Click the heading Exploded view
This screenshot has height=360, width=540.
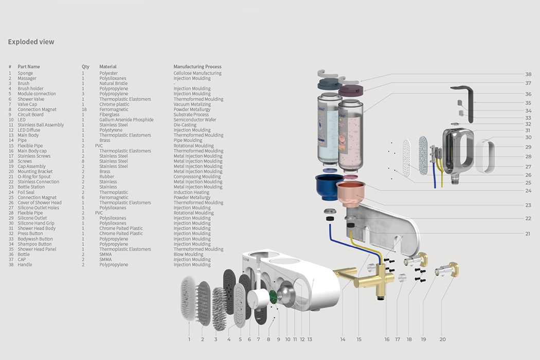coord(31,42)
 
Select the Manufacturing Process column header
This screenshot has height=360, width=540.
coord(197,67)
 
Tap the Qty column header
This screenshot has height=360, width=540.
coord(85,67)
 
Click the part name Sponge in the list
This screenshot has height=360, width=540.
coord(25,74)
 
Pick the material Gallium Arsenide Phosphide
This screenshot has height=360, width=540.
coord(126,120)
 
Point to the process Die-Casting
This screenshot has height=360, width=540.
coord(185,125)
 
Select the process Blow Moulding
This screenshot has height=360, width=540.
coord(188,255)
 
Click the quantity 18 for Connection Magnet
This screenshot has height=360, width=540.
coord(84,110)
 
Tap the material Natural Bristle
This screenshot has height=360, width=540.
coord(113,84)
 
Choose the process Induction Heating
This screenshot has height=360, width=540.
coord(191,192)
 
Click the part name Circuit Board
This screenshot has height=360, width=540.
coord(30,115)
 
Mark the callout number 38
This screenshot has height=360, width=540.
coord(528,74)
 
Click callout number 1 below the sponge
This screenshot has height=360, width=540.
coord(189,339)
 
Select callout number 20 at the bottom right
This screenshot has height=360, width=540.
coord(442,339)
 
